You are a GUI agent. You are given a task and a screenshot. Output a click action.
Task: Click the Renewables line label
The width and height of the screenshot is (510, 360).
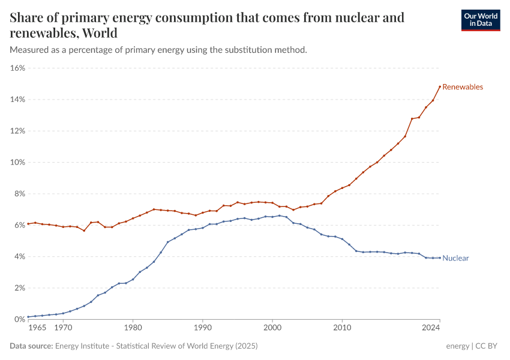coord(462,87)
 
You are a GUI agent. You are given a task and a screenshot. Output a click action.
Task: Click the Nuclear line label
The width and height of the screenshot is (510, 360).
coord(455,258)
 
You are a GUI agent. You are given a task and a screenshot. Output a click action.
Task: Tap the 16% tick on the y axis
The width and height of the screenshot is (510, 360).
coord(17,68)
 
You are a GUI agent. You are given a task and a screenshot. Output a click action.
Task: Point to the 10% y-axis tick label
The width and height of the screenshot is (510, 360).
coord(17,162)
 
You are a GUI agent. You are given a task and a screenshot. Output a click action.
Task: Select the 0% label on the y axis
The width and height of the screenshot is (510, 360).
coord(19,319)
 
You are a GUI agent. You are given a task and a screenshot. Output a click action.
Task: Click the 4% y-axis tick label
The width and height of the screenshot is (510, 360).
coord(19,256)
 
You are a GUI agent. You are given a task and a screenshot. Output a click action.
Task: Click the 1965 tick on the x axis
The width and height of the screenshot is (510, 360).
coord(37,329)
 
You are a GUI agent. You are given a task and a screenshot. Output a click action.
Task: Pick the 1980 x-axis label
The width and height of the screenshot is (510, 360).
coord(133,329)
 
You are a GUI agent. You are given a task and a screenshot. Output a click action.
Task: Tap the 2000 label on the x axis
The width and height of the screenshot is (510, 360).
coord(272,329)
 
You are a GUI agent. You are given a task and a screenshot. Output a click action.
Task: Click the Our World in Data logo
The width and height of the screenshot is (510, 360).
coord(480,20)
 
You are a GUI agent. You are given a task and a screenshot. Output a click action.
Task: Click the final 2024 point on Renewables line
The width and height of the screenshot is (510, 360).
coord(440,86)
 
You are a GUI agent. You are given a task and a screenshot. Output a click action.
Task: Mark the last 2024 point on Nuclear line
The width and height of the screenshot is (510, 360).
coord(440,257)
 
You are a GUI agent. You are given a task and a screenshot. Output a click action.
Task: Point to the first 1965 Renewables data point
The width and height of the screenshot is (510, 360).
coord(28,224)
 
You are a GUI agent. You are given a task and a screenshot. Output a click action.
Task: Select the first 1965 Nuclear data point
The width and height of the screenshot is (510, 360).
coord(28,317)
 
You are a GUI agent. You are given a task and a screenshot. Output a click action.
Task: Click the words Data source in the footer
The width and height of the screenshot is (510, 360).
coord(31,346)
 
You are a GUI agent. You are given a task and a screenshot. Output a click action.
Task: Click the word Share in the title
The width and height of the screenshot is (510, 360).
coord(26,17)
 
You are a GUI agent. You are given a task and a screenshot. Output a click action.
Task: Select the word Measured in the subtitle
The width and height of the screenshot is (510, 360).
coord(29,50)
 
